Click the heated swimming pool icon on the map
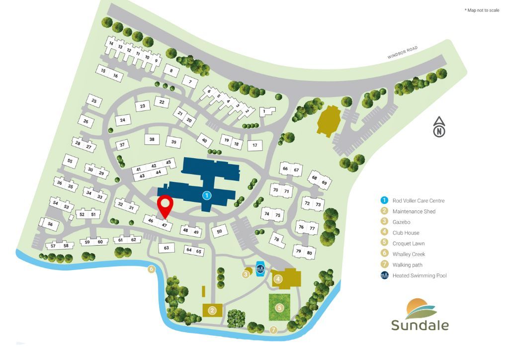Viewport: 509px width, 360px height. point(259,269)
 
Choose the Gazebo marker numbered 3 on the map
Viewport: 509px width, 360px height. point(246,273)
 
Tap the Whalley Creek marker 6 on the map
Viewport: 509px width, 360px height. point(152,270)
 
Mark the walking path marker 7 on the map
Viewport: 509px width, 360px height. point(273,329)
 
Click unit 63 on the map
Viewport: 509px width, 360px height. point(167,247)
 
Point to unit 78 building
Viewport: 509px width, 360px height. point(277,239)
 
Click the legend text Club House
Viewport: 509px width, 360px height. point(406,233)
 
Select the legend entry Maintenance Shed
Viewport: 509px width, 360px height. point(414,211)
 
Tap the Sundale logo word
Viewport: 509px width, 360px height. point(420,326)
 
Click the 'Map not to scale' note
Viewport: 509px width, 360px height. point(482,10)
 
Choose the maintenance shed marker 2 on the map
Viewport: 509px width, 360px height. point(212,311)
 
